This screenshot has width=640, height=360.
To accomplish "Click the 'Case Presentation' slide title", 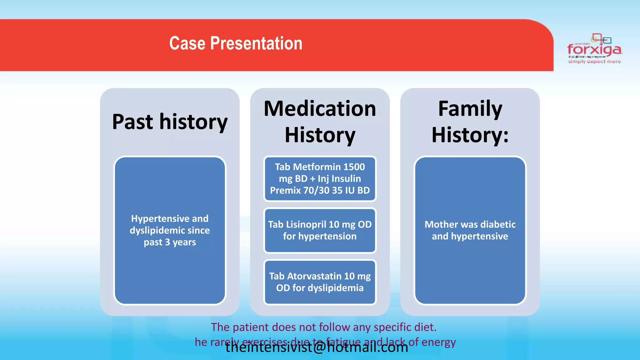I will click(236, 43).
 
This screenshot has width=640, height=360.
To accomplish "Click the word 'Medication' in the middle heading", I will click(320, 109).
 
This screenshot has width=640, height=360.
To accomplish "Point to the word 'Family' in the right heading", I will click(470, 109).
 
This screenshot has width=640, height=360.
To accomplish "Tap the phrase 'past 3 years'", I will click(170, 242).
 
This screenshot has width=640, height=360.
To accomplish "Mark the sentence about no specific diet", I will click(323, 327).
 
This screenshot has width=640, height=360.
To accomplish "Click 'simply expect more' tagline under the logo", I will click(594, 62).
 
